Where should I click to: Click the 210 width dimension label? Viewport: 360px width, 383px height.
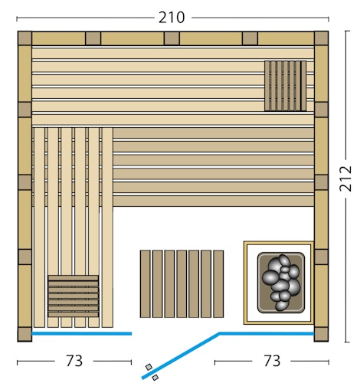[172, 16]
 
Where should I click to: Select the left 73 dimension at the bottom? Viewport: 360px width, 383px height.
[74, 360]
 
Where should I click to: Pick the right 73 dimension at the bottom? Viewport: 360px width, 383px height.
[271, 360]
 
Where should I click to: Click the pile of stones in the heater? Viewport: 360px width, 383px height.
[281, 281]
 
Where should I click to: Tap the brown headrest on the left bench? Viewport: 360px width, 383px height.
[73, 296]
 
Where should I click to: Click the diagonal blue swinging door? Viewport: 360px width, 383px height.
[180, 355]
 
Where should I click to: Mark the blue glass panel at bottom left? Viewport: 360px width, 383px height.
[81, 334]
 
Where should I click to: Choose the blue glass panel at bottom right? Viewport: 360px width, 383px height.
[267, 333]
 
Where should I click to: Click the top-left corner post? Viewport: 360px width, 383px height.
[25, 38]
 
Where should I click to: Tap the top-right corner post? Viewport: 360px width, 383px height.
[321, 38]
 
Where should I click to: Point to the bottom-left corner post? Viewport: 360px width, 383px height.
[25, 334]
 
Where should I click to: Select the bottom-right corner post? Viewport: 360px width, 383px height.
[321, 334]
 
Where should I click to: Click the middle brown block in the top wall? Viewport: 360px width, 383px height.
[172, 38]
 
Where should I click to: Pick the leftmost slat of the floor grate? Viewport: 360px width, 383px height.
[145, 283]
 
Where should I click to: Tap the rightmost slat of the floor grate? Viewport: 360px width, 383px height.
[218, 283]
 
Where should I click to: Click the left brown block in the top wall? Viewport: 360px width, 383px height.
[93, 38]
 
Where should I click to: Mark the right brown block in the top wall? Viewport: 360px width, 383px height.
[250, 38]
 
